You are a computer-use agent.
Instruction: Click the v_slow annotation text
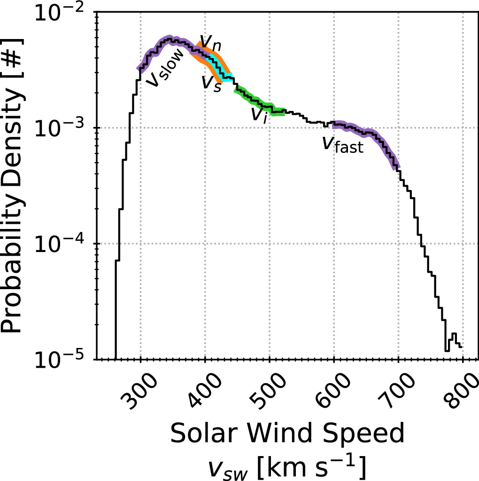(164, 73)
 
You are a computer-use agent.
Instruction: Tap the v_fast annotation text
(342, 144)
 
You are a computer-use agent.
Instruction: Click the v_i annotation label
(259, 114)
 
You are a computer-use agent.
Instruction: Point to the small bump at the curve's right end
(454, 337)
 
